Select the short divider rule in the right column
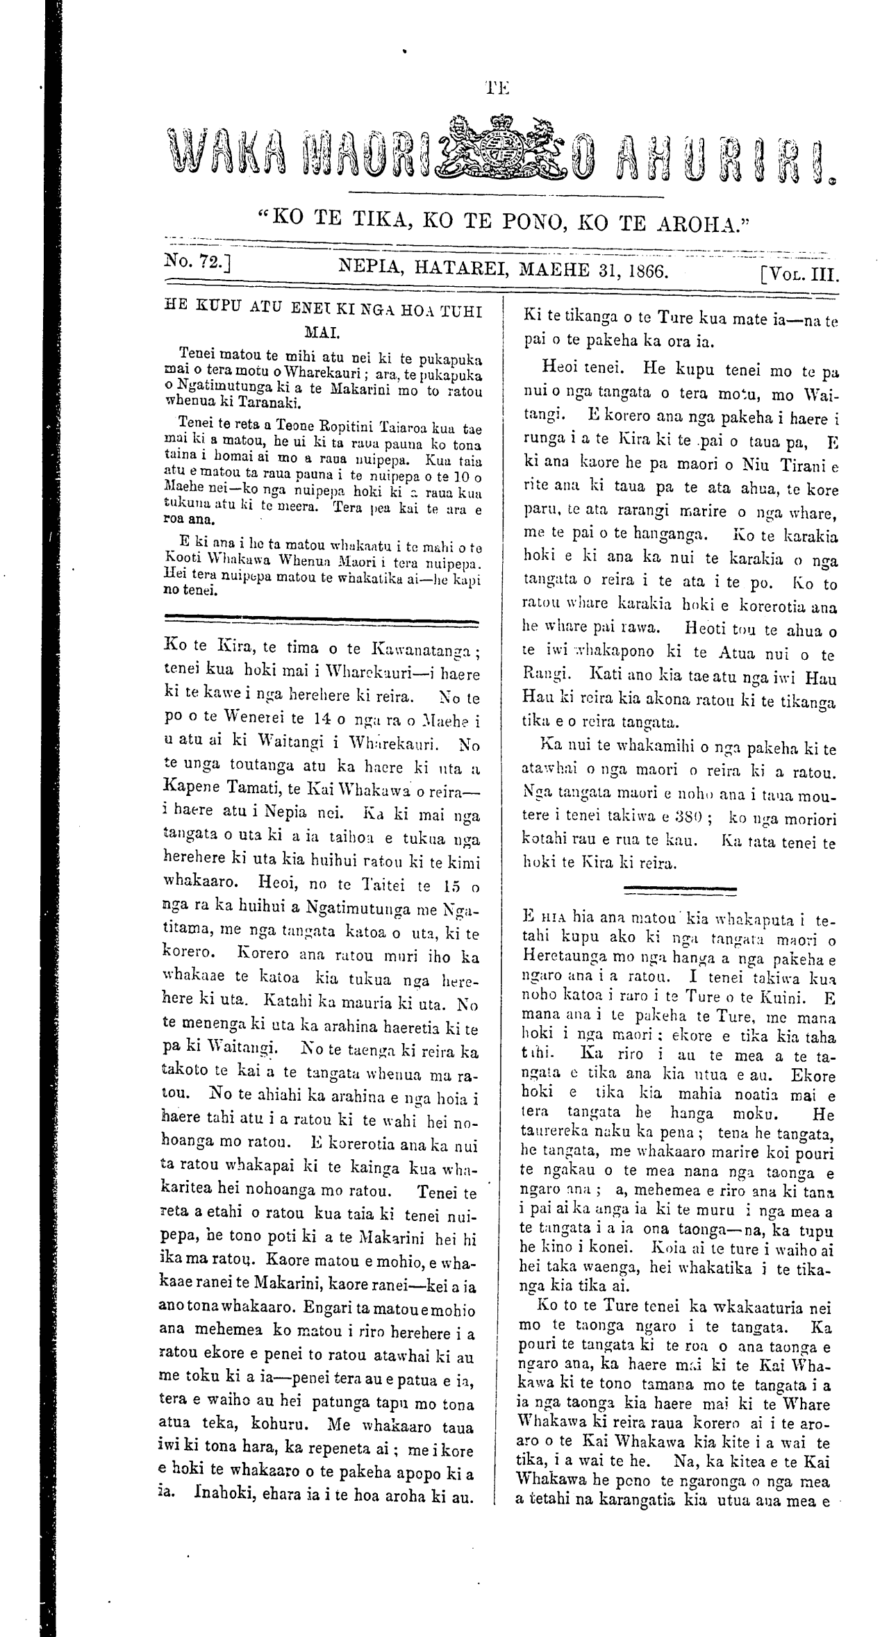coord(681,890)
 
